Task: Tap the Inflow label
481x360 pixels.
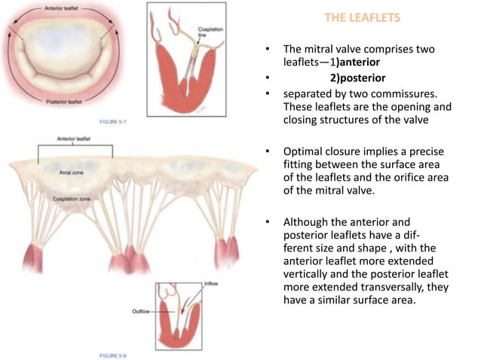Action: click(x=216, y=285)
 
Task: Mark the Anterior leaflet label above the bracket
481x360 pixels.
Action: click(x=75, y=139)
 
